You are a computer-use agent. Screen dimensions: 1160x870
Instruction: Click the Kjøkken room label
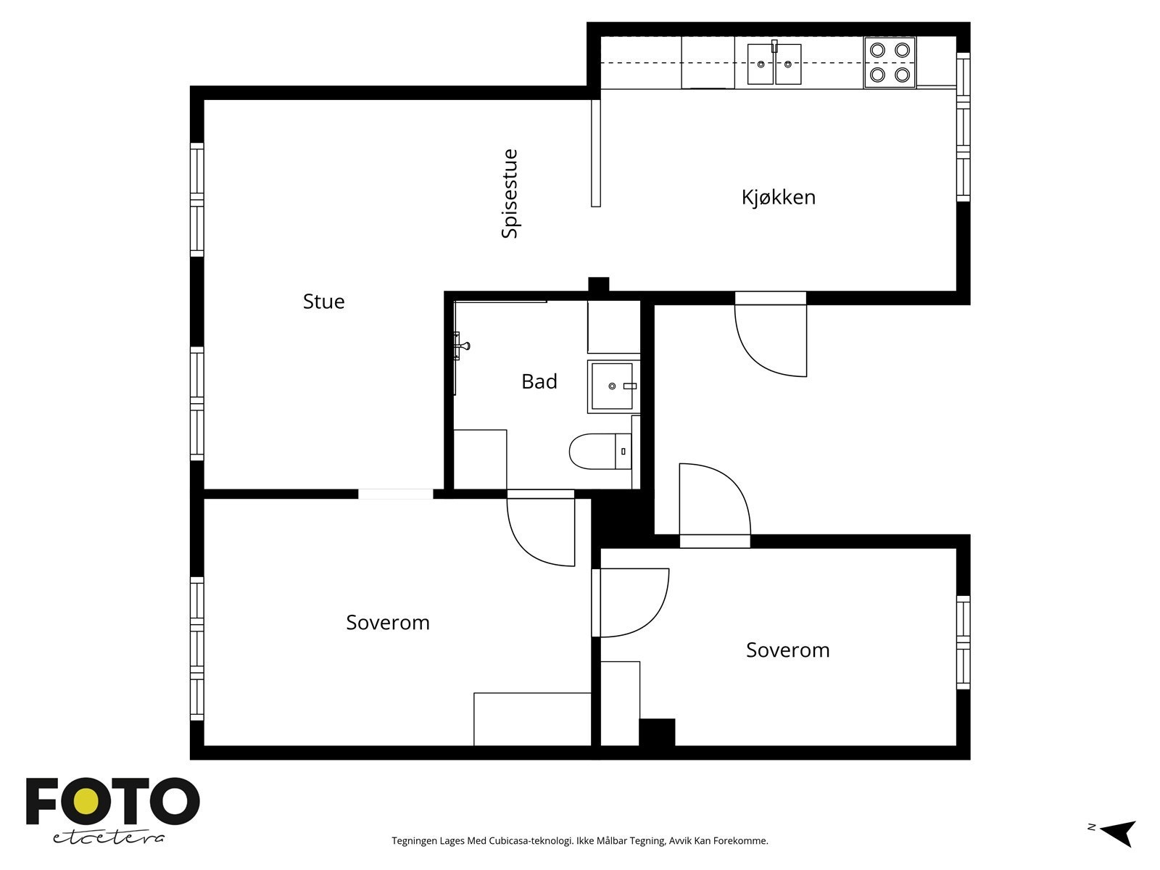pos(778,197)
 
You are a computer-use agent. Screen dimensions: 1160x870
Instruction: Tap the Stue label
pos(323,301)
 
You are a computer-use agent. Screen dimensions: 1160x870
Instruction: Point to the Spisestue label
pos(510,194)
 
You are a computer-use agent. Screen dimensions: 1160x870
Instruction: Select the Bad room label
pos(539,381)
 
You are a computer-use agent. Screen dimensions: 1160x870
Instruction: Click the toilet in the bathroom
pos(600,451)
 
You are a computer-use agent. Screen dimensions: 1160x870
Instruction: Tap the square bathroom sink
pos(612,386)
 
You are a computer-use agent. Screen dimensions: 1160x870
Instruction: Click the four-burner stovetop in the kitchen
pos(890,62)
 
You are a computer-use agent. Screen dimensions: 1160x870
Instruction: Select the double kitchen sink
pos(774,64)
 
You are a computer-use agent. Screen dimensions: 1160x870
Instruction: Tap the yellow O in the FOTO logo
pos(86,803)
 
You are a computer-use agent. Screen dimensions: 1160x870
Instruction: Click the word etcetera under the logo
pos(108,838)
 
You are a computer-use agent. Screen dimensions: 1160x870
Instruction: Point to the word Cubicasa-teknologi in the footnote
pos(531,841)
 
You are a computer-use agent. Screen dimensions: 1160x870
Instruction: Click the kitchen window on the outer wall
pos(964,127)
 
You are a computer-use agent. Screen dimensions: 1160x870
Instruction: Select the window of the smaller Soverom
pos(964,642)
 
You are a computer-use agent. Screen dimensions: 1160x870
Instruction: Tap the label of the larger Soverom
pos(387,622)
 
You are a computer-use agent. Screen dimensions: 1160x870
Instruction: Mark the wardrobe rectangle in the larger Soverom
pos(532,719)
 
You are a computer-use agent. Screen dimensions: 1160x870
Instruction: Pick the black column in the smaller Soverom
pos(657,732)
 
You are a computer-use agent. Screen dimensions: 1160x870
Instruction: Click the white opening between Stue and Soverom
pos(396,494)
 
